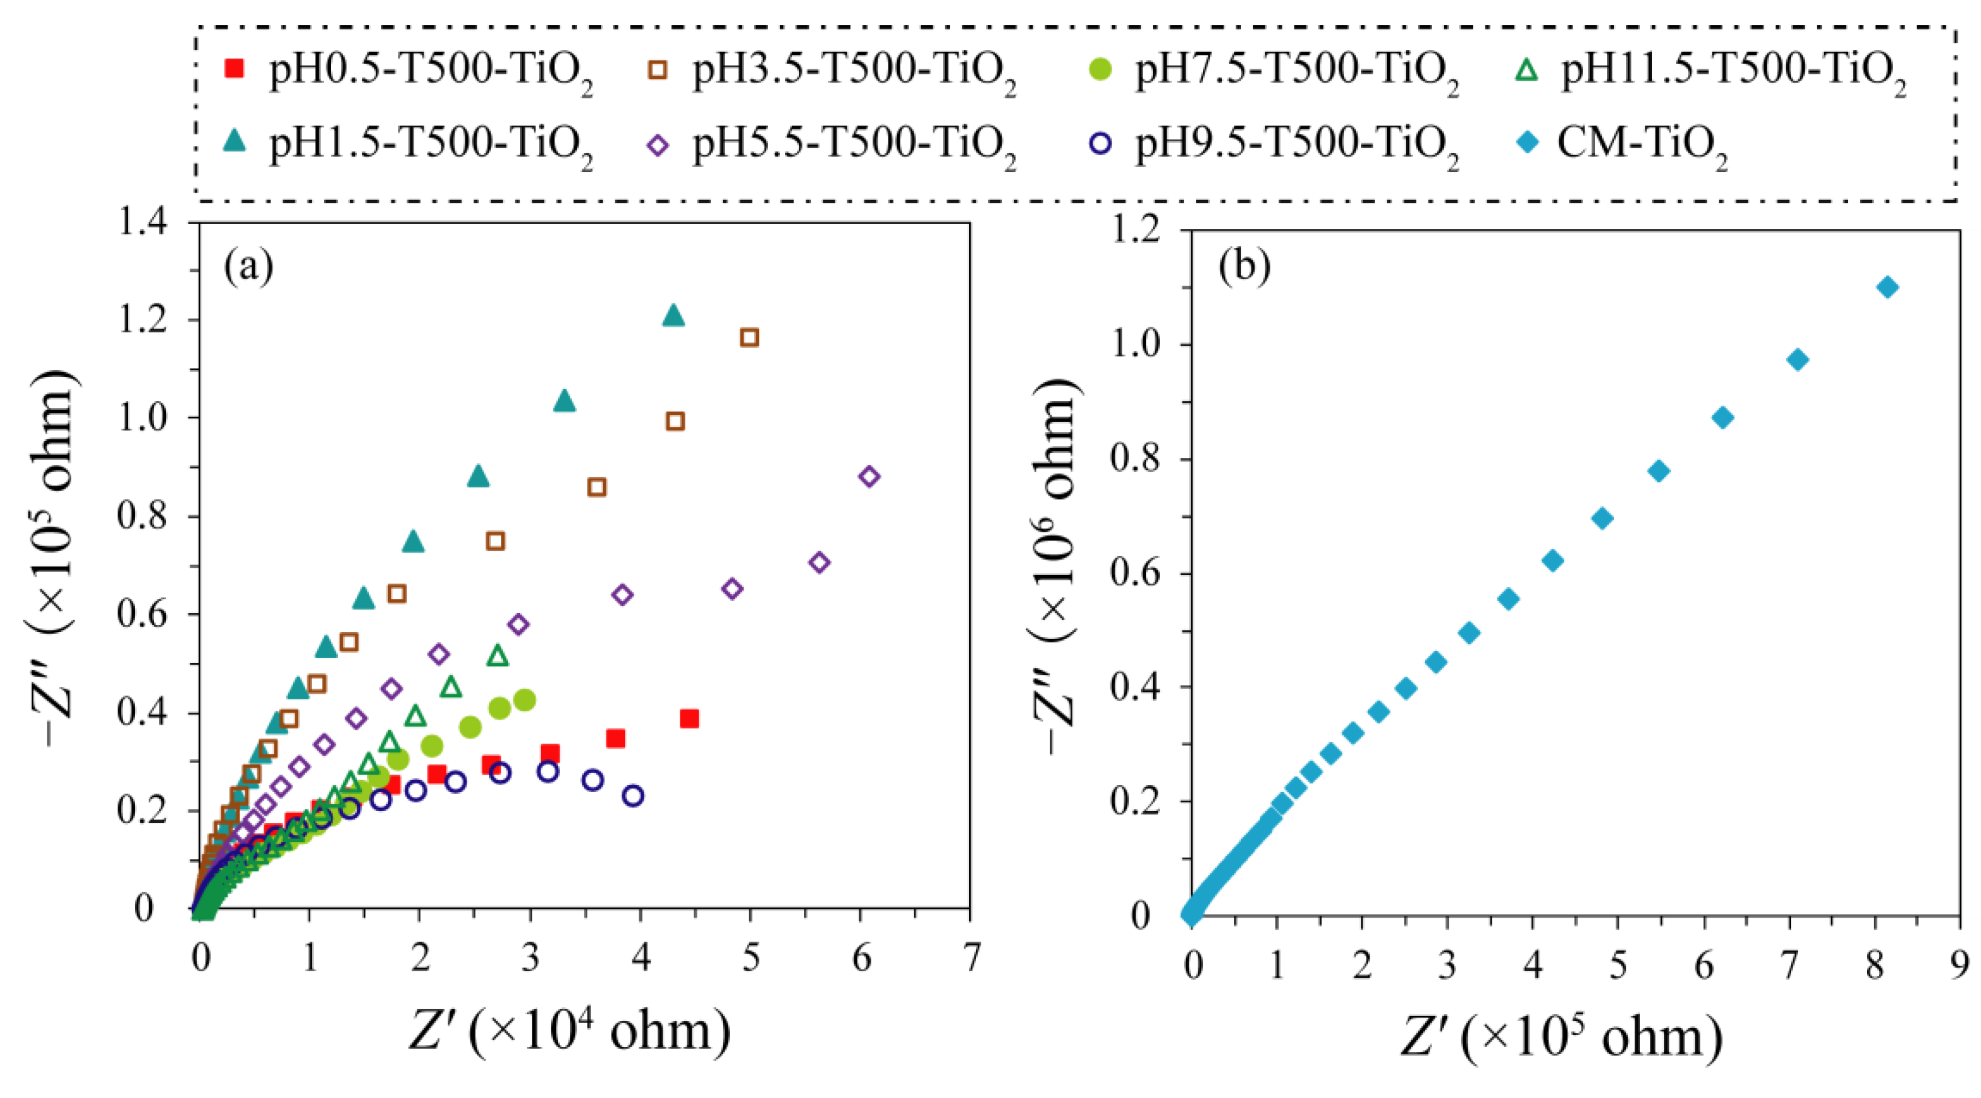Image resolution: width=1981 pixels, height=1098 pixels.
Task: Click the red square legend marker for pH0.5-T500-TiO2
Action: tap(234, 69)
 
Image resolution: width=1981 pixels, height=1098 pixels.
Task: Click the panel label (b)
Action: tap(1245, 266)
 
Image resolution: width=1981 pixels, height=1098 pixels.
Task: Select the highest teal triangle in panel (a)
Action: tap(673, 315)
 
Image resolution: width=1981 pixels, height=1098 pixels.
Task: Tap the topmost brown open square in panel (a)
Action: tap(749, 338)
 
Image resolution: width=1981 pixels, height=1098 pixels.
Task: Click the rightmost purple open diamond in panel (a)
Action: tap(869, 476)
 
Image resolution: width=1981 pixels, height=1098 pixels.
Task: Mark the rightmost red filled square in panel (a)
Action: tap(690, 719)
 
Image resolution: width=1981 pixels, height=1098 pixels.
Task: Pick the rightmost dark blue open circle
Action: tap(633, 796)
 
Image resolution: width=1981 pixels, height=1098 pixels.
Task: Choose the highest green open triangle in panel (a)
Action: tap(497, 655)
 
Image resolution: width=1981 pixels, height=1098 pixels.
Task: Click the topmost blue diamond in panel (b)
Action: tap(1887, 288)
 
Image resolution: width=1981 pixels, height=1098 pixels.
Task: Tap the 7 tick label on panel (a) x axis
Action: tap(972, 958)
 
